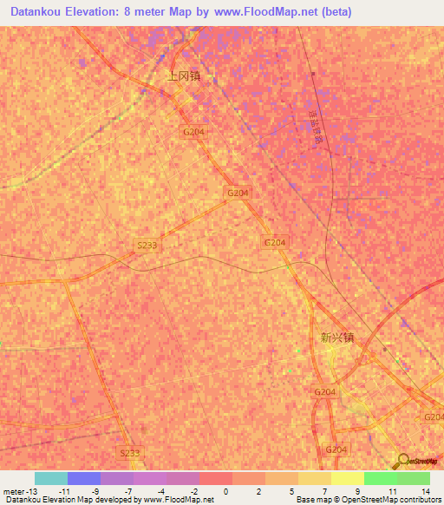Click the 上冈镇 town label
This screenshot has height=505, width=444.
click(x=184, y=75)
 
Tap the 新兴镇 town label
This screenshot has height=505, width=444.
click(x=337, y=338)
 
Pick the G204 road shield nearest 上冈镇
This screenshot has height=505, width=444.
click(x=193, y=131)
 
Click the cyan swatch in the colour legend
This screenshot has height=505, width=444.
click(x=51, y=478)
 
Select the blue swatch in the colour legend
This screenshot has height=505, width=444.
click(x=84, y=478)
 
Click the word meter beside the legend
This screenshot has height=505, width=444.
click(x=14, y=491)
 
